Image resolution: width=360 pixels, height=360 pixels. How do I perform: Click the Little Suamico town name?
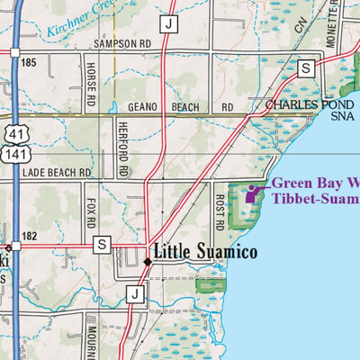206,252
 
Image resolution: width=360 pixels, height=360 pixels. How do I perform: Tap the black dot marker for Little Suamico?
148,261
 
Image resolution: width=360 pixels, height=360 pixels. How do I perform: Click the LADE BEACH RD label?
58,171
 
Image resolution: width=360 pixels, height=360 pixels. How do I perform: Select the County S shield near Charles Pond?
305,67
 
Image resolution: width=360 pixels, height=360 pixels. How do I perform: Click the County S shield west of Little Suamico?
102,244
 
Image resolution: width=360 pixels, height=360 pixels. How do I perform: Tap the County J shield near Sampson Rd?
168,23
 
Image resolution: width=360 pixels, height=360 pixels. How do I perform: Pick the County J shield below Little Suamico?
135,292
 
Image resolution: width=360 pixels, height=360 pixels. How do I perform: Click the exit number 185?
30,63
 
